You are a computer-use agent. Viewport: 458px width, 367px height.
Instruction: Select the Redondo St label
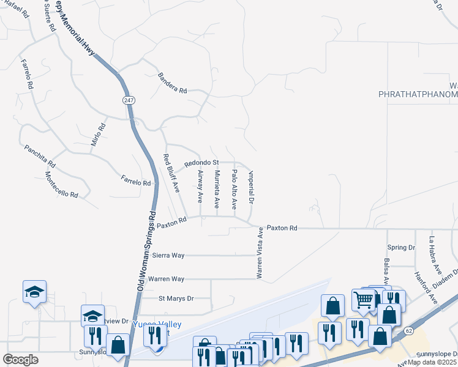click(201, 163)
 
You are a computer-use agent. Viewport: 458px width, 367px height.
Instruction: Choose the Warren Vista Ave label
click(260, 253)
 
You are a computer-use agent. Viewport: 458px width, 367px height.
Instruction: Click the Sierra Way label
click(168, 256)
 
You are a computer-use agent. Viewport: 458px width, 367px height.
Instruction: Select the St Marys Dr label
click(176, 298)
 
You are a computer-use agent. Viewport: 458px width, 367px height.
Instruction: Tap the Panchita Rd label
click(40, 156)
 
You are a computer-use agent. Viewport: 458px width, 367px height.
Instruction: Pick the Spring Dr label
click(401, 248)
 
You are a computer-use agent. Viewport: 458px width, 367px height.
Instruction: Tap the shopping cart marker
click(363, 299)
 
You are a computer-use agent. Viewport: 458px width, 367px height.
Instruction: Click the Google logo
click(20, 360)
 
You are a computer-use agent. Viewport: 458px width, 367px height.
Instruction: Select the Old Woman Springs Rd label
click(147, 251)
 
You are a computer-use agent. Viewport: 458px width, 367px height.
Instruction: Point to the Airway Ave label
click(200, 186)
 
